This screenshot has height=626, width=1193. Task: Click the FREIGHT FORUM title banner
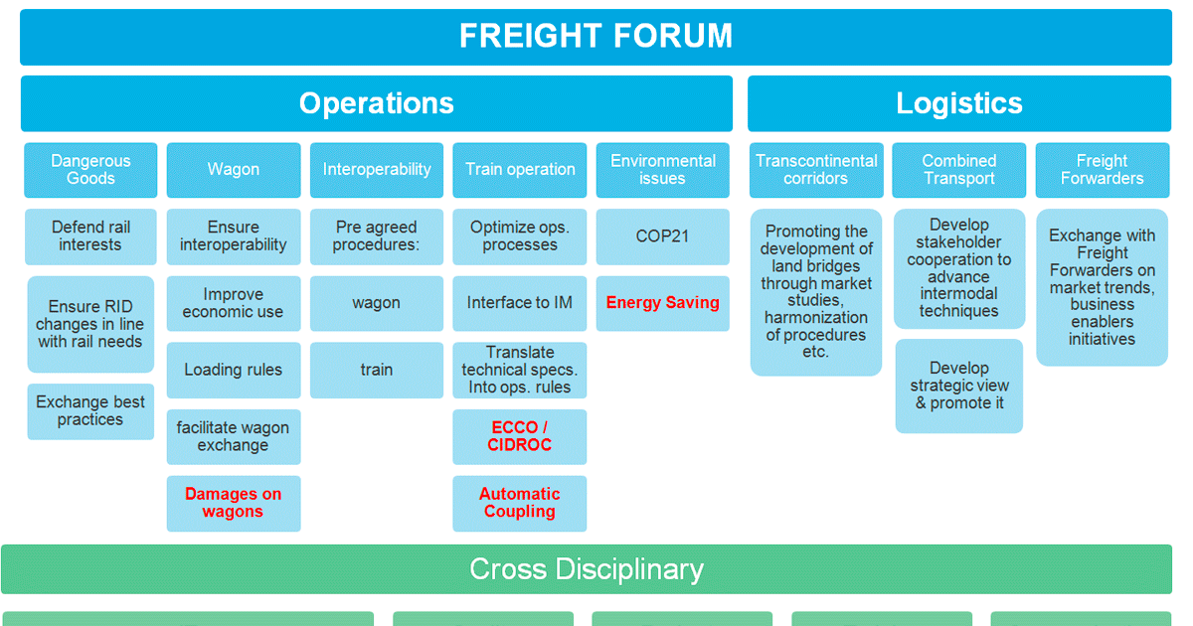click(596, 37)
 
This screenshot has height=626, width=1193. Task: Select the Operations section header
click(376, 103)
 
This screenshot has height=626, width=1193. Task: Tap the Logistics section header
click(958, 103)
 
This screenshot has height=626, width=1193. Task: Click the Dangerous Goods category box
click(90, 170)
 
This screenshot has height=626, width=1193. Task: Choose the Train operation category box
click(520, 170)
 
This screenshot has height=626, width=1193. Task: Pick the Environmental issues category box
click(662, 170)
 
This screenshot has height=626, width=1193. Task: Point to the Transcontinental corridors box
click(815, 170)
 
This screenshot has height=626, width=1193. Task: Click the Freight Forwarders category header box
click(1102, 170)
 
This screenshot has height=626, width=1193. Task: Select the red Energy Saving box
click(662, 303)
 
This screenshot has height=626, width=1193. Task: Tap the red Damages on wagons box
click(233, 503)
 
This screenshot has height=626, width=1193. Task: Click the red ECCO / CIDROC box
click(520, 436)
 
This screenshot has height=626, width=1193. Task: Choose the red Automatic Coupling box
click(520, 503)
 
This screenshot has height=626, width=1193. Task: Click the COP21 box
click(662, 236)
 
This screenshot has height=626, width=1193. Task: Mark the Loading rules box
click(233, 370)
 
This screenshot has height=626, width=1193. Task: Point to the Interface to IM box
click(520, 303)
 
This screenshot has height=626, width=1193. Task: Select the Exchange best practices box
click(90, 411)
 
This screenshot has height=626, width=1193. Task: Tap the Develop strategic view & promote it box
click(958, 386)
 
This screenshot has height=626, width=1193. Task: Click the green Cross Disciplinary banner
click(587, 569)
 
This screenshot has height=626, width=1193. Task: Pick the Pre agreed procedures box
click(376, 236)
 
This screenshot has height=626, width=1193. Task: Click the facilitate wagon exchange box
click(233, 436)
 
